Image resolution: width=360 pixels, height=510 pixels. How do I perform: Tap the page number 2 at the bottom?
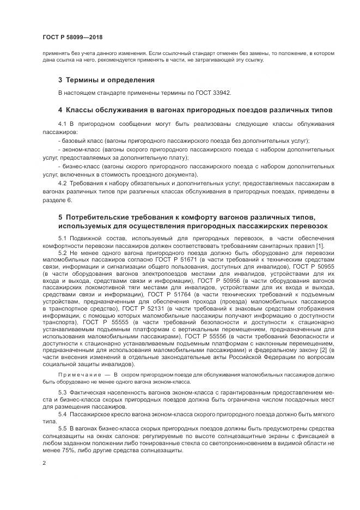pyautogui.click(x=44, y=463)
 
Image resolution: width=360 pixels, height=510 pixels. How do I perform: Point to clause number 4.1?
pyautogui.click(x=62, y=125)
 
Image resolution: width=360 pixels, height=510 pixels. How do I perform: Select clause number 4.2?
pyautogui.click(x=62, y=183)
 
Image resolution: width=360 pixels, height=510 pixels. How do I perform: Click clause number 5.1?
pyautogui.click(x=62, y=238)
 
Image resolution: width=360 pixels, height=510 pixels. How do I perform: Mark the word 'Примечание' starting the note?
pyautogui.click(x=77, y=375)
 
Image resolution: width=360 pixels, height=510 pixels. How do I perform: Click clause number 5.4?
pyautogui.click(x=62, y=414)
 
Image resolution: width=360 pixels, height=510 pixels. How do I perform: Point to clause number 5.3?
pyautogui.click(x=62, y=393)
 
